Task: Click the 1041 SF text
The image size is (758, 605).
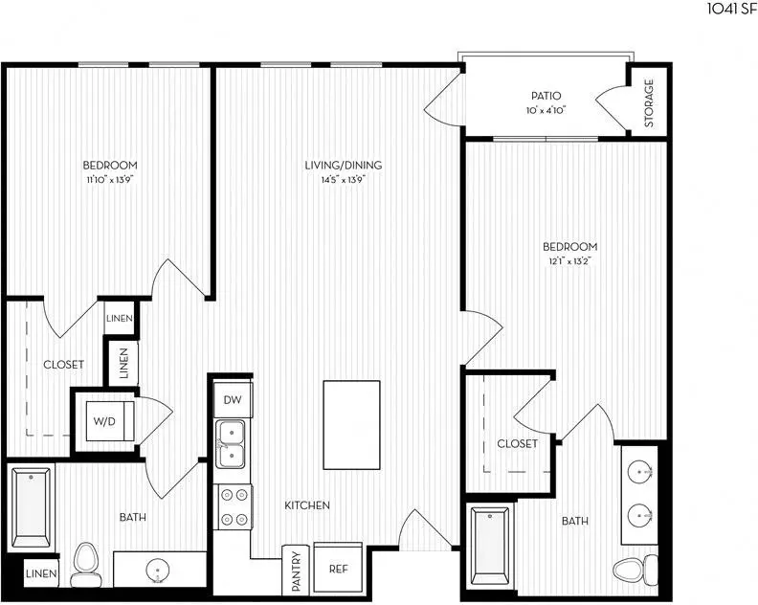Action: tap(732, 9)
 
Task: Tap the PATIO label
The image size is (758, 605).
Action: tap(546, 96)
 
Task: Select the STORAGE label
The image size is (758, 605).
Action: tap(649, 103)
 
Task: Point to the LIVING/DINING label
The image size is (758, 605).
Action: tap(344, 165)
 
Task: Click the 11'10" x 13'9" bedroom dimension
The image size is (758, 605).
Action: tap(110, 180)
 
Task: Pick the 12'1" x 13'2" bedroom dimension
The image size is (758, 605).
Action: tap(570, 261)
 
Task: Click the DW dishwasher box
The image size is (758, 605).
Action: tap(233, 399)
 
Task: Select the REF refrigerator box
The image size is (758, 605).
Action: tap(339, 569)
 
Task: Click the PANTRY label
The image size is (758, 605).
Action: tap(297, 571)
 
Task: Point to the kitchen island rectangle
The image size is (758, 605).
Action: tap(351, 425)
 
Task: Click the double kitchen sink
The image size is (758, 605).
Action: tap(230, 444)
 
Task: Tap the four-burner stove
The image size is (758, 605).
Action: tap(234, 506)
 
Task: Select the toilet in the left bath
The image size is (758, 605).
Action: tap(84, 565)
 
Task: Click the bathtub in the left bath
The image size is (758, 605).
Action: tap(32, 506)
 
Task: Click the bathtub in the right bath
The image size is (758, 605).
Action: tap(491, 546)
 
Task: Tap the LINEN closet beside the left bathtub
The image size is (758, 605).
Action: tap(41, 573)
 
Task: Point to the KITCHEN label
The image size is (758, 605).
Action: tap(307, 505)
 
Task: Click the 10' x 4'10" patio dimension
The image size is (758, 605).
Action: tap(546, 110)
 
